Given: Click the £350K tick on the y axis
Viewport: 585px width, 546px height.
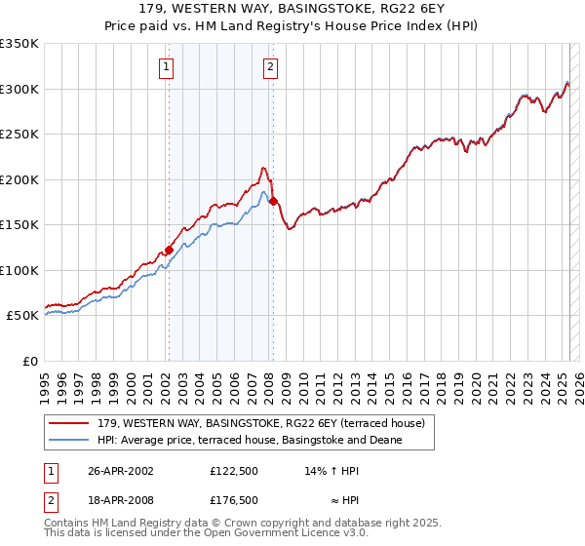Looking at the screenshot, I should pyautogui.click(x=19, y=44).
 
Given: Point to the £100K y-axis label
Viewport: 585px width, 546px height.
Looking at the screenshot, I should pyautogui.click(x=19, y=270).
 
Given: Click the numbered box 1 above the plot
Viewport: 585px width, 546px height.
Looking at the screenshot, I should pyautogui.click(x=167, y=67).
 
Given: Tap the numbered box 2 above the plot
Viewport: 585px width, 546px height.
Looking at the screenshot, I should pyautogui.click(x=270, y=67).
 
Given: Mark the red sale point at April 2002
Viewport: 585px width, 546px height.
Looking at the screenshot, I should pyautogui.click(x=169, y=250).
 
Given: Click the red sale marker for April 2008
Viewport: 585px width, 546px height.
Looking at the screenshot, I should pyautogui.click(x=273, y=201).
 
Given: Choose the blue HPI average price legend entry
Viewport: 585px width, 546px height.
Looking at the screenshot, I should pyautogui.click(x=250, y=441).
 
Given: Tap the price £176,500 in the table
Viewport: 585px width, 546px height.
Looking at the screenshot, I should pyautogui.click(x=234, y=500).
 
